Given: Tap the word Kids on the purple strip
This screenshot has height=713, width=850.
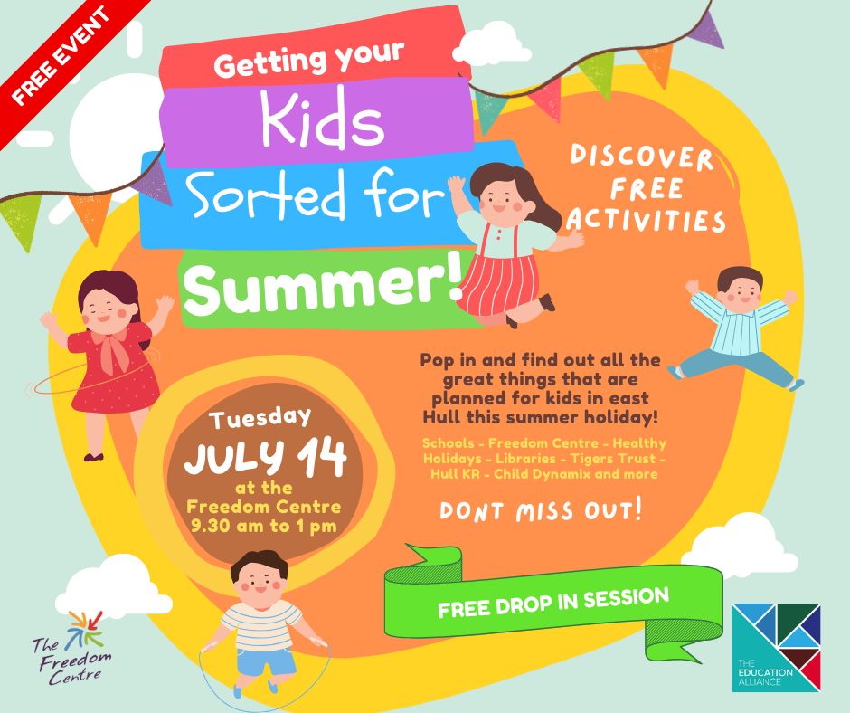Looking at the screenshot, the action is pyautogui.click(x=323, y=119).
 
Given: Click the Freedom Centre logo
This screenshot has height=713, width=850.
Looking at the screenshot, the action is pyautogui.click(x=72, y=649).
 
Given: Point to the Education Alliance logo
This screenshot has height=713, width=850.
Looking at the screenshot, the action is pyautogui.click(x=776, y=647).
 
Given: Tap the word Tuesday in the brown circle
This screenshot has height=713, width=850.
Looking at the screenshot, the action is pyautogui.click(x=260, y=418).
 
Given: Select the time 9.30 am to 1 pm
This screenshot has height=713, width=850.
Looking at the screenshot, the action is pyautogui.click(x=264, y=526).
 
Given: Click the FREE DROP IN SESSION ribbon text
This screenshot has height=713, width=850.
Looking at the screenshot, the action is pyautogui.click(x=553, y=603).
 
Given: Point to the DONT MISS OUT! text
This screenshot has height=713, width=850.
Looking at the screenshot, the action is pyautogui.click(x=541, y=510).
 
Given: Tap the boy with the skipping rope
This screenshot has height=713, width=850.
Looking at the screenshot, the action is pyautogui.click(x=262, y=624).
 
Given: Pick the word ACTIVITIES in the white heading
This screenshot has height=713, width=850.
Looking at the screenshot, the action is pyautogui.click(x=646, y=221).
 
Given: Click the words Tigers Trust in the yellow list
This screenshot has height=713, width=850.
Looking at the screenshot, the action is pyautogui.click(x=613, y=459).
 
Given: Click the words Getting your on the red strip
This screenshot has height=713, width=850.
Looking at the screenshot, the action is pyautogui.click(x=309, y=59).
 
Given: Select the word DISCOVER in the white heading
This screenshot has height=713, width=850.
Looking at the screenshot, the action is pyautogui.click(x=642, y=157).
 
